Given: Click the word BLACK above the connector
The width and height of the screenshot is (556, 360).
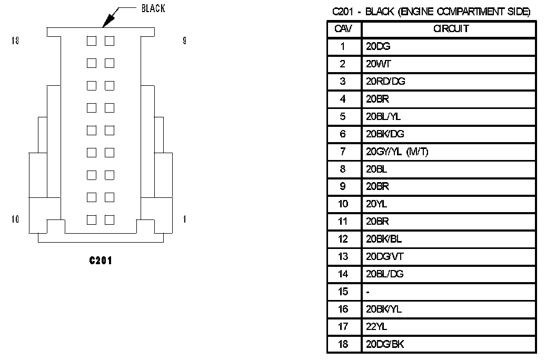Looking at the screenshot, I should (x=153, y=9).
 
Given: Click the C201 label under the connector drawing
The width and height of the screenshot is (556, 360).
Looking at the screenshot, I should (x=101, y=261).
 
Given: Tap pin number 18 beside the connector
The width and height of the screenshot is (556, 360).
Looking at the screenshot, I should (x=15, y=41).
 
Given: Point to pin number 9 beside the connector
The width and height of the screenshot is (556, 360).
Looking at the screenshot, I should (x=184, y=41).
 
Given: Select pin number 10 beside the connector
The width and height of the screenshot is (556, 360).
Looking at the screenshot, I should (x=15, y=219).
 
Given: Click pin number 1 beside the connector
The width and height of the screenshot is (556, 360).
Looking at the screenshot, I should (x=184, y=219).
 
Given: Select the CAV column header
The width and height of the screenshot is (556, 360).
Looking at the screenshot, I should (x=343, y=28).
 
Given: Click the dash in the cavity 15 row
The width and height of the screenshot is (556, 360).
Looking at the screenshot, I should (x=368, y=292).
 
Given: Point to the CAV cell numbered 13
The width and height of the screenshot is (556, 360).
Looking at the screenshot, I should (x=343, y=256).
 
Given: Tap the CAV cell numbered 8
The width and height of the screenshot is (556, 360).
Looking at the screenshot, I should (x=343, y=169).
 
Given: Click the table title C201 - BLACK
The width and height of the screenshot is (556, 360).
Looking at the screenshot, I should (x=431, y=12).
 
